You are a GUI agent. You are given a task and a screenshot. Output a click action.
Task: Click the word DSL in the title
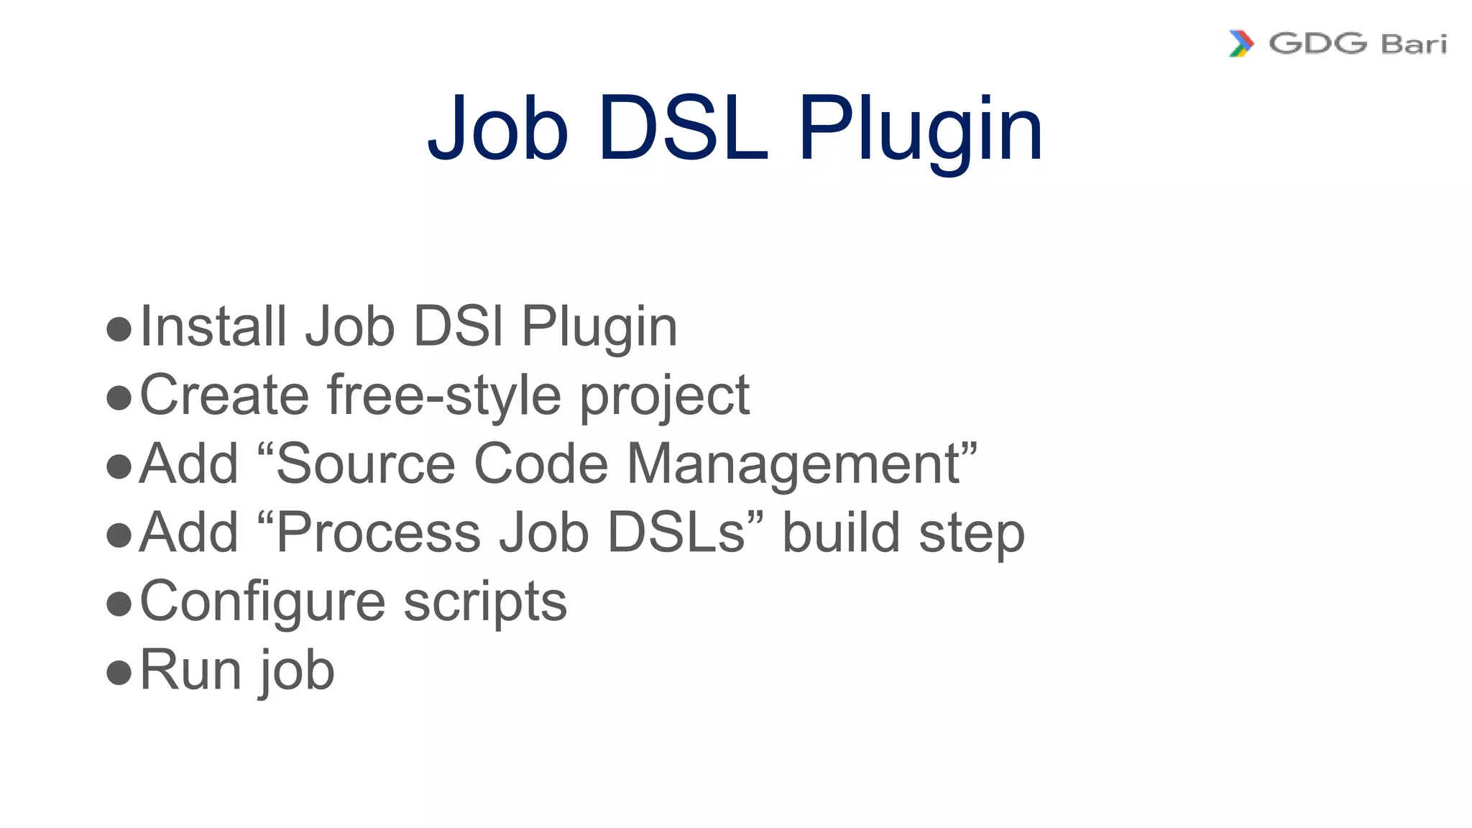[683, 129]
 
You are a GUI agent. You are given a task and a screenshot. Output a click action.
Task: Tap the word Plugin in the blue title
[920, 133]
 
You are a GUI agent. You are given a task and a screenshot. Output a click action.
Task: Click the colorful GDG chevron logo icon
[1241, 44]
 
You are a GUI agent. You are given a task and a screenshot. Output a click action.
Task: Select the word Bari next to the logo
[1413, 45]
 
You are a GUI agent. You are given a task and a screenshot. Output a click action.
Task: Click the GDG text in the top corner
[1317, 44]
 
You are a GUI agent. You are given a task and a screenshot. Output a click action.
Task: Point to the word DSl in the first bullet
[458, 326]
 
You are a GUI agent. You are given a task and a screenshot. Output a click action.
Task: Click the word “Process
[368, 533]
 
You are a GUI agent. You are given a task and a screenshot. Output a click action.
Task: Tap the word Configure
[262, 602]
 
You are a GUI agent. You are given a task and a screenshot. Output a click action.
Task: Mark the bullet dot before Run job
[119, 673]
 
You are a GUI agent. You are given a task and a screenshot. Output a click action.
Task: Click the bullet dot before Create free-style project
[119, 397]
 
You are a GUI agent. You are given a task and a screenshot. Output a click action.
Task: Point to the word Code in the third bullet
[541, 464]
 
